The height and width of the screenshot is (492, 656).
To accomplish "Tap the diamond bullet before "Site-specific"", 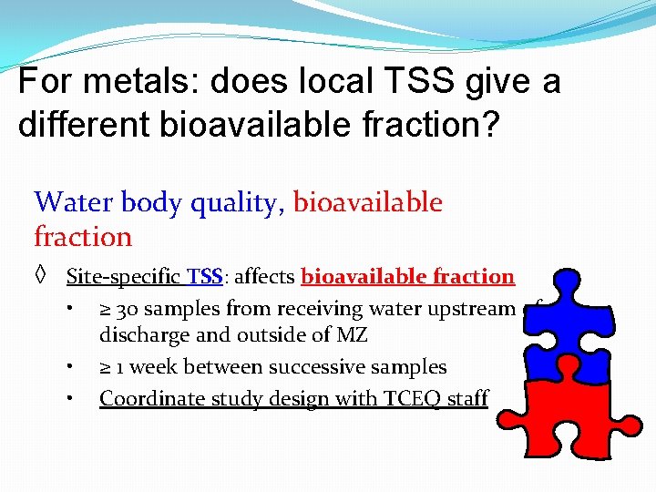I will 41,276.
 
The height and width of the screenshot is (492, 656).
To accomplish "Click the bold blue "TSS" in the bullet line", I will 207,276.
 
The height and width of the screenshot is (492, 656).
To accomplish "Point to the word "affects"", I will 265,276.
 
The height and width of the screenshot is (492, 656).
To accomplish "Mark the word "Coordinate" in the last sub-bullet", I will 146,398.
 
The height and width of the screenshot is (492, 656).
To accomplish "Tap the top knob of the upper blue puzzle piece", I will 566,283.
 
